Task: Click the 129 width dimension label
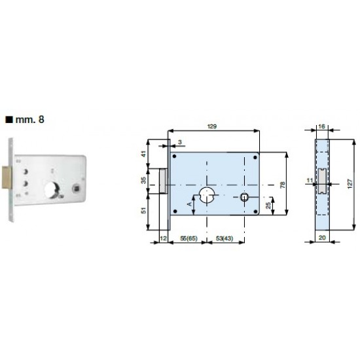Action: point(212,126)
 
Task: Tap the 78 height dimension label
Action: point(283,185)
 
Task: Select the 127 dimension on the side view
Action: point(350,184)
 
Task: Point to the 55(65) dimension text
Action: point(189,238)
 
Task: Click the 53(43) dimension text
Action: point(225,238)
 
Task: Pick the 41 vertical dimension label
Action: point(143,154)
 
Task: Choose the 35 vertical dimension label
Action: point(143,180)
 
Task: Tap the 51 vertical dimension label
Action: point(143,210)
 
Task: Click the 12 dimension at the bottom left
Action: point(163,238)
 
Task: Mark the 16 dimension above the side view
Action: point(322,126)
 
